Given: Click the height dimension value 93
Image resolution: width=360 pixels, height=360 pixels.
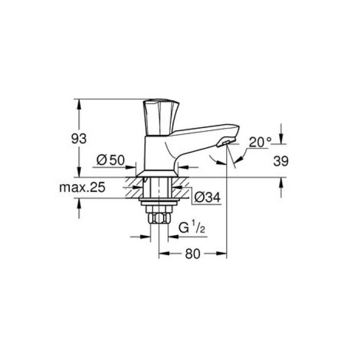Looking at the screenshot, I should coord(79,138).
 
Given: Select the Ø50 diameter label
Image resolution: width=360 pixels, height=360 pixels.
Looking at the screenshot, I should coord(111,160).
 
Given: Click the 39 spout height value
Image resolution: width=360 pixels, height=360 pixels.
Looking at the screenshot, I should coord(280,161).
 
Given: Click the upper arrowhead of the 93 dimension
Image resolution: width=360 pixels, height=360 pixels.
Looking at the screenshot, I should coord(79,103).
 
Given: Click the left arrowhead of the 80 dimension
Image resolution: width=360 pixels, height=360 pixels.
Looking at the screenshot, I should coord(161,254).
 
